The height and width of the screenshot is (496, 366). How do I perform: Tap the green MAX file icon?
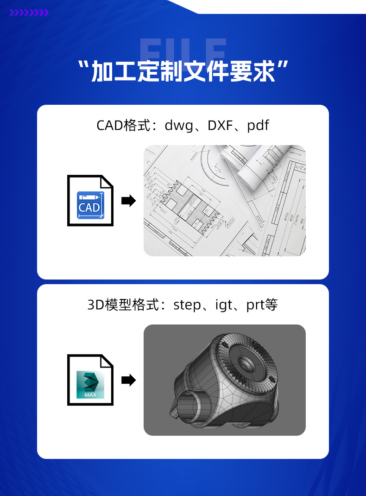point(90,384)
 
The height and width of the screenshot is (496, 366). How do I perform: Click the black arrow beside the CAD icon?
point(128,201)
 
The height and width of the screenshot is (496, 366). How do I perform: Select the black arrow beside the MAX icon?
point(128,381)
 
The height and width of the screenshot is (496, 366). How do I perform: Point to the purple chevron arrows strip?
point(29,13)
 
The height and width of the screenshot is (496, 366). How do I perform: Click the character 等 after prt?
point(272,305)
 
